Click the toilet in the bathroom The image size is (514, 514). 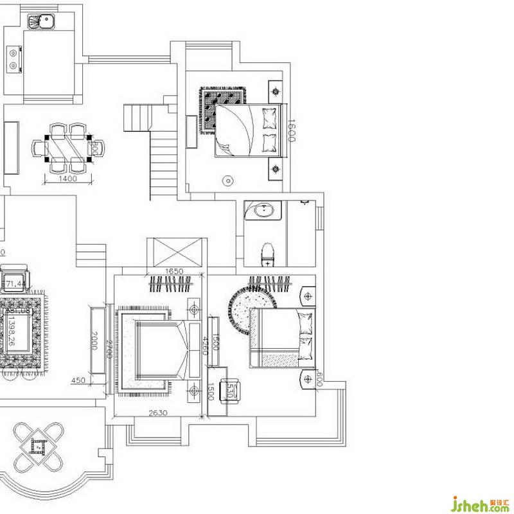(x=267, y=255)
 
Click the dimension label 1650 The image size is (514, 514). (x=175, y=272)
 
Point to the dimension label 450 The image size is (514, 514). (x=78, y=380)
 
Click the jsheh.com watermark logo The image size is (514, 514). (x=481, y=502)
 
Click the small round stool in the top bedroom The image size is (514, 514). (x=227, y=182)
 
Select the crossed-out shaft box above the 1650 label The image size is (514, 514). (x=174, y=252)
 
